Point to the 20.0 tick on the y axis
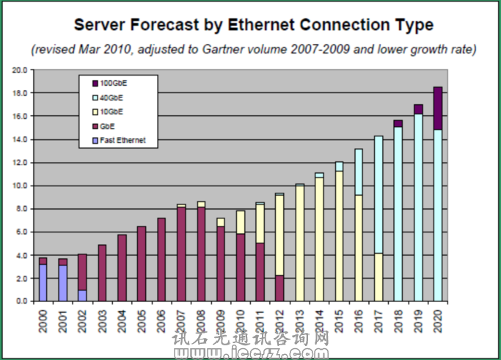pyautogui.click(x=19, y=70)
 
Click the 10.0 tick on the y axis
pyautogui.click(x=19, y=186)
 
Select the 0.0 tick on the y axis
pyautogui.click(x=21, y=301)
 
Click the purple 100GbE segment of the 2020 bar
pyautogui.click(x=438, y=108)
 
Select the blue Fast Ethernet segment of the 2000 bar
pyautogui.click(x=43, y=282)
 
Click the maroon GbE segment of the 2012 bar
pyautogui.click(x=279, y=288)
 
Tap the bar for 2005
pyautogui.click(x=142, y=264)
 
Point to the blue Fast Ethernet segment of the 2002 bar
pyautogui.click(x=82, y=295)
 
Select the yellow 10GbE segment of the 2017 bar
pyautogui.click(x=379, y=277)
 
